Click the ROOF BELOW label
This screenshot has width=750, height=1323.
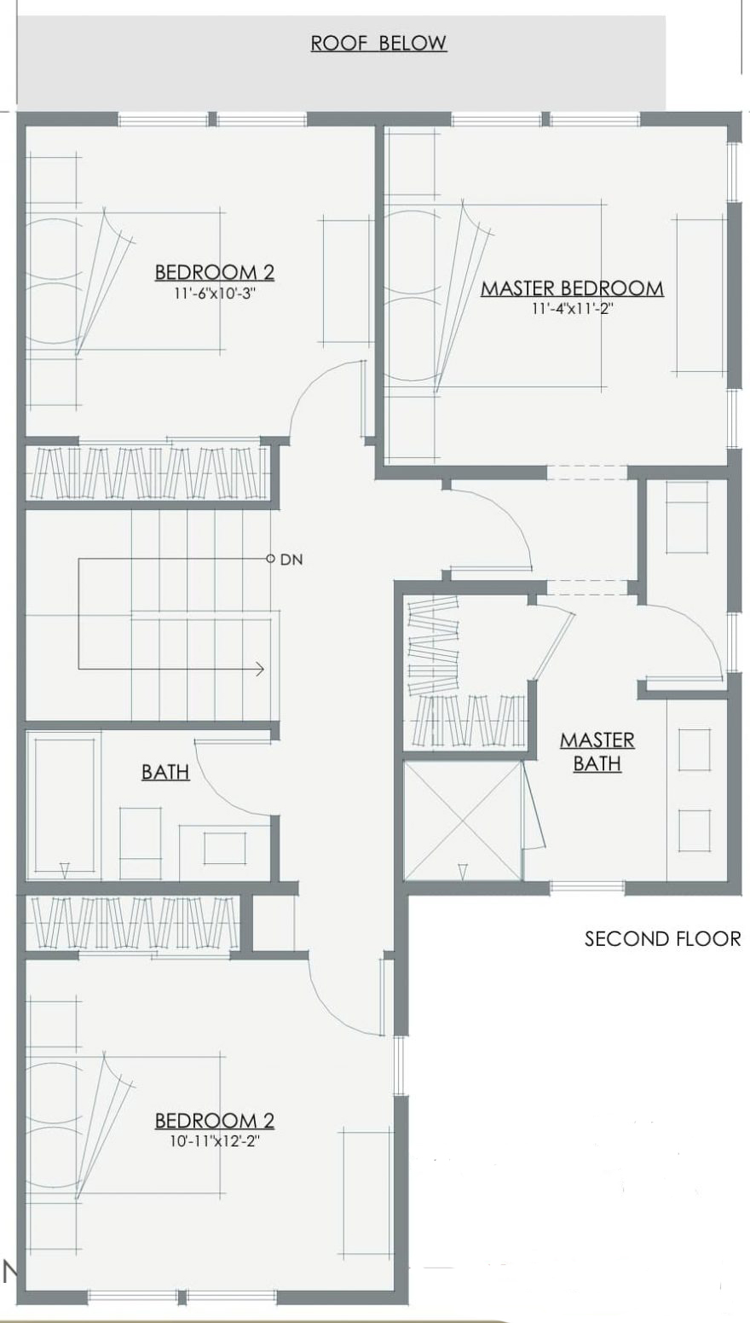[378, 44]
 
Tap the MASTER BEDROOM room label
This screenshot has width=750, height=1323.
[573, 288]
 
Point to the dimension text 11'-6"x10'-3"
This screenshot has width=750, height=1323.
[214, 293]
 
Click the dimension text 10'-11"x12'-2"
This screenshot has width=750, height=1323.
[215, 1141]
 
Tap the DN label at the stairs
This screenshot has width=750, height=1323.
[291, 560]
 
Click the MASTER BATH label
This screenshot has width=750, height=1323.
[597, 751]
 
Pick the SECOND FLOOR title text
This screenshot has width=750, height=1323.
[662, 938]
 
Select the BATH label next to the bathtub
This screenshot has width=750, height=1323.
[165, 771]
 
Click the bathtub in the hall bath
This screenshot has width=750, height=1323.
[64, 805]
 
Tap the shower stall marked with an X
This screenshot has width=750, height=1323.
[463, 820]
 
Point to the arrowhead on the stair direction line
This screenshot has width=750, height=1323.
[260, 670]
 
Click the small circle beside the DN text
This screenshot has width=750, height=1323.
[270, 558]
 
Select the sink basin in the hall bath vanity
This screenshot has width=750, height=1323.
[225, 848]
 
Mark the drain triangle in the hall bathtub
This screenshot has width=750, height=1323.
[65, 869]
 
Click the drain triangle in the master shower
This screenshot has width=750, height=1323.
[463, 870]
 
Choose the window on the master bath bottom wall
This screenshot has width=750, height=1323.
[587, 886]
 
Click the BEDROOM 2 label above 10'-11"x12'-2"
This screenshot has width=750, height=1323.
[215, 1121]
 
